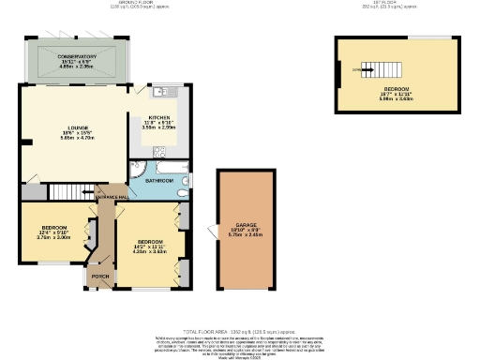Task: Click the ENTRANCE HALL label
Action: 111,197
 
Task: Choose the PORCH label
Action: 100,277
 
